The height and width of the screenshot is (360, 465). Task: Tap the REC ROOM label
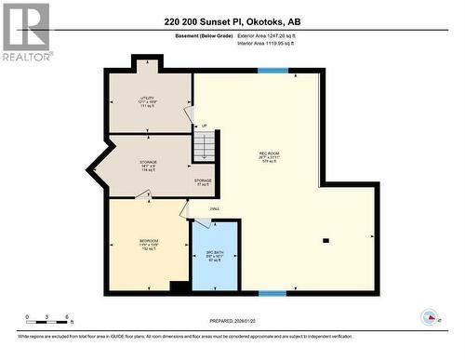click(x=271, y=153)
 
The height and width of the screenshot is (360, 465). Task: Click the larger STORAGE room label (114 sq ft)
click(x=148, y=162)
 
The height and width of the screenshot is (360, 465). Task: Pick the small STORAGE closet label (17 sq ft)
click(x=203, y=180)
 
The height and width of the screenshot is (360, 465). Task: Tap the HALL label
click(x=215, y=208)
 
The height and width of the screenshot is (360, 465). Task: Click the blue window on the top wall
click(x=272, y=71)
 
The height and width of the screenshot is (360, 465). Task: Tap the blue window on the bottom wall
click(x=272, y=294)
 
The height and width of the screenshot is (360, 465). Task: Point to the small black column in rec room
click(x=325, y=241)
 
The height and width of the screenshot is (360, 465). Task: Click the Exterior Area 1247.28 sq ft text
click(x=272, y=35)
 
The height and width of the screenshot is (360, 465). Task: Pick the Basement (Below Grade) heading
click(x=204, y=35)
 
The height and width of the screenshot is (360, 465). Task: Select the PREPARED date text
click(x=231, y=321)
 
